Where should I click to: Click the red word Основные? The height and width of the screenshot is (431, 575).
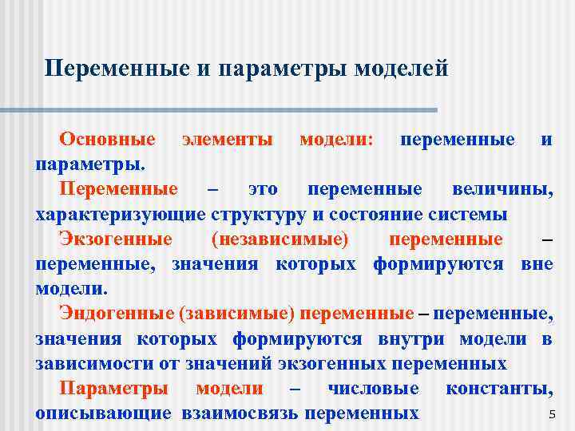107,140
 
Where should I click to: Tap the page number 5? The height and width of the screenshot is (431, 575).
551,414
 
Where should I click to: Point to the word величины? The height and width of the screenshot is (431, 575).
502,189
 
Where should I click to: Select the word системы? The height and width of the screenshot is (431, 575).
467,215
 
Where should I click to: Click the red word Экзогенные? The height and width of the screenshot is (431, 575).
116,239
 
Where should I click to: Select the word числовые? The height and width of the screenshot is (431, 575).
373,389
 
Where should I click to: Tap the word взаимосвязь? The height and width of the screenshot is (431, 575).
240,413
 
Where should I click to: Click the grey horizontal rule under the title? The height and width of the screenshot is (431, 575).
240,110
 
